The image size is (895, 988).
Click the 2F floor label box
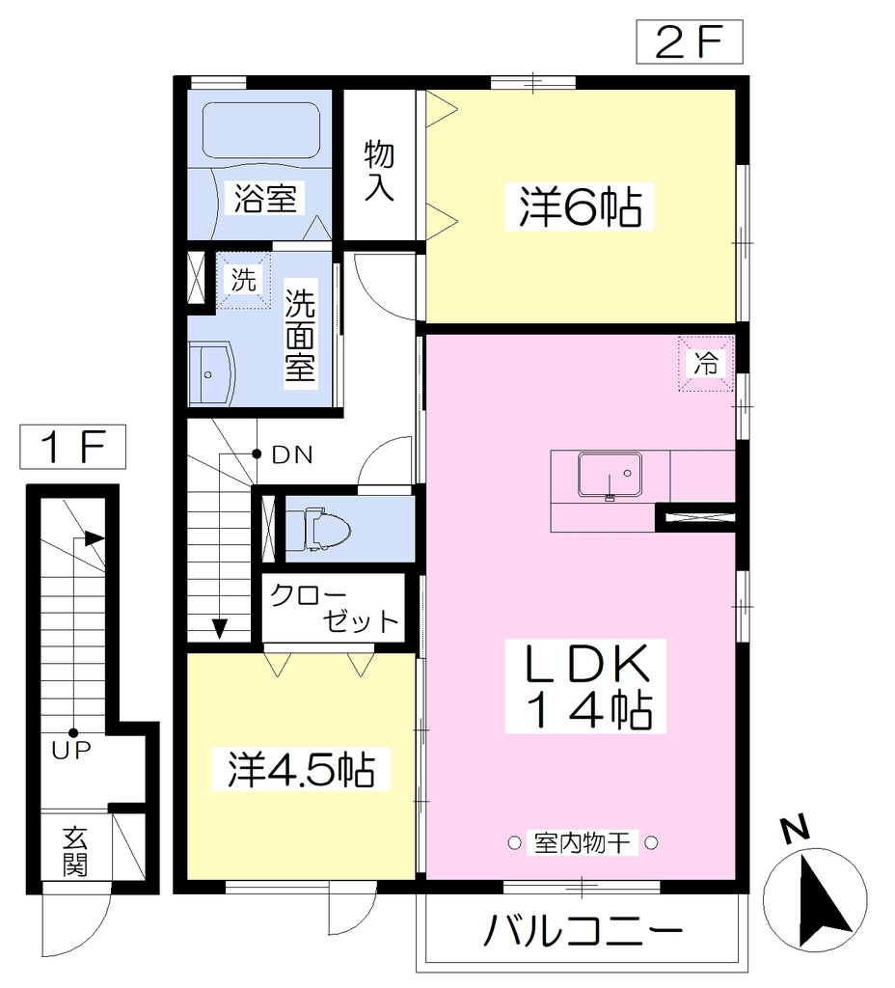pyautogui.click(x=689, y=41)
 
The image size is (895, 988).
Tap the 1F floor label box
pyautogui.click(x=72, y=447)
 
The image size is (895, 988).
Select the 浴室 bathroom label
pyautogui.click(x=264, y=198)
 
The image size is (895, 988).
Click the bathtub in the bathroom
pyautogui.click(x=260, y=130)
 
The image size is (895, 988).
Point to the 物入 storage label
pyautogui.click(x=379, y=170)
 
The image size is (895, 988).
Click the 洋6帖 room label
pyautogui.click(x=579, y=206)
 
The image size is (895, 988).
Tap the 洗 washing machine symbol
pyautogui.click(x=244, y=280)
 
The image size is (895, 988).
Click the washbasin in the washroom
pyautogui.click(x=211, y=374)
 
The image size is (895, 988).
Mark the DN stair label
pyautogui.click(x=292, y=454)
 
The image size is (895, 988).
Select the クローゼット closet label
pyautogui.click(x=335, y=609)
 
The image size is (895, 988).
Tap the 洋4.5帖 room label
pyautogui.click(x=301, y=768)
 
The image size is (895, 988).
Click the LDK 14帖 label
pyautogui.click(x=585, y=686)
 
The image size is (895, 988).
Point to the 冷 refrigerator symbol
pyautogui.click(x=706, y=364)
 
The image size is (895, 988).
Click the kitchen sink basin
pyautogui.click(x=610, y=474)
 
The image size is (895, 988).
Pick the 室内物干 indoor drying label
pyautogui.click(x=582, y=842)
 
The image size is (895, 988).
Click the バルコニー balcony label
pyautogui.click(x=583, y=930)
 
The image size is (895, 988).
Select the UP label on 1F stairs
pyautogui.click(x=71, y=750)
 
